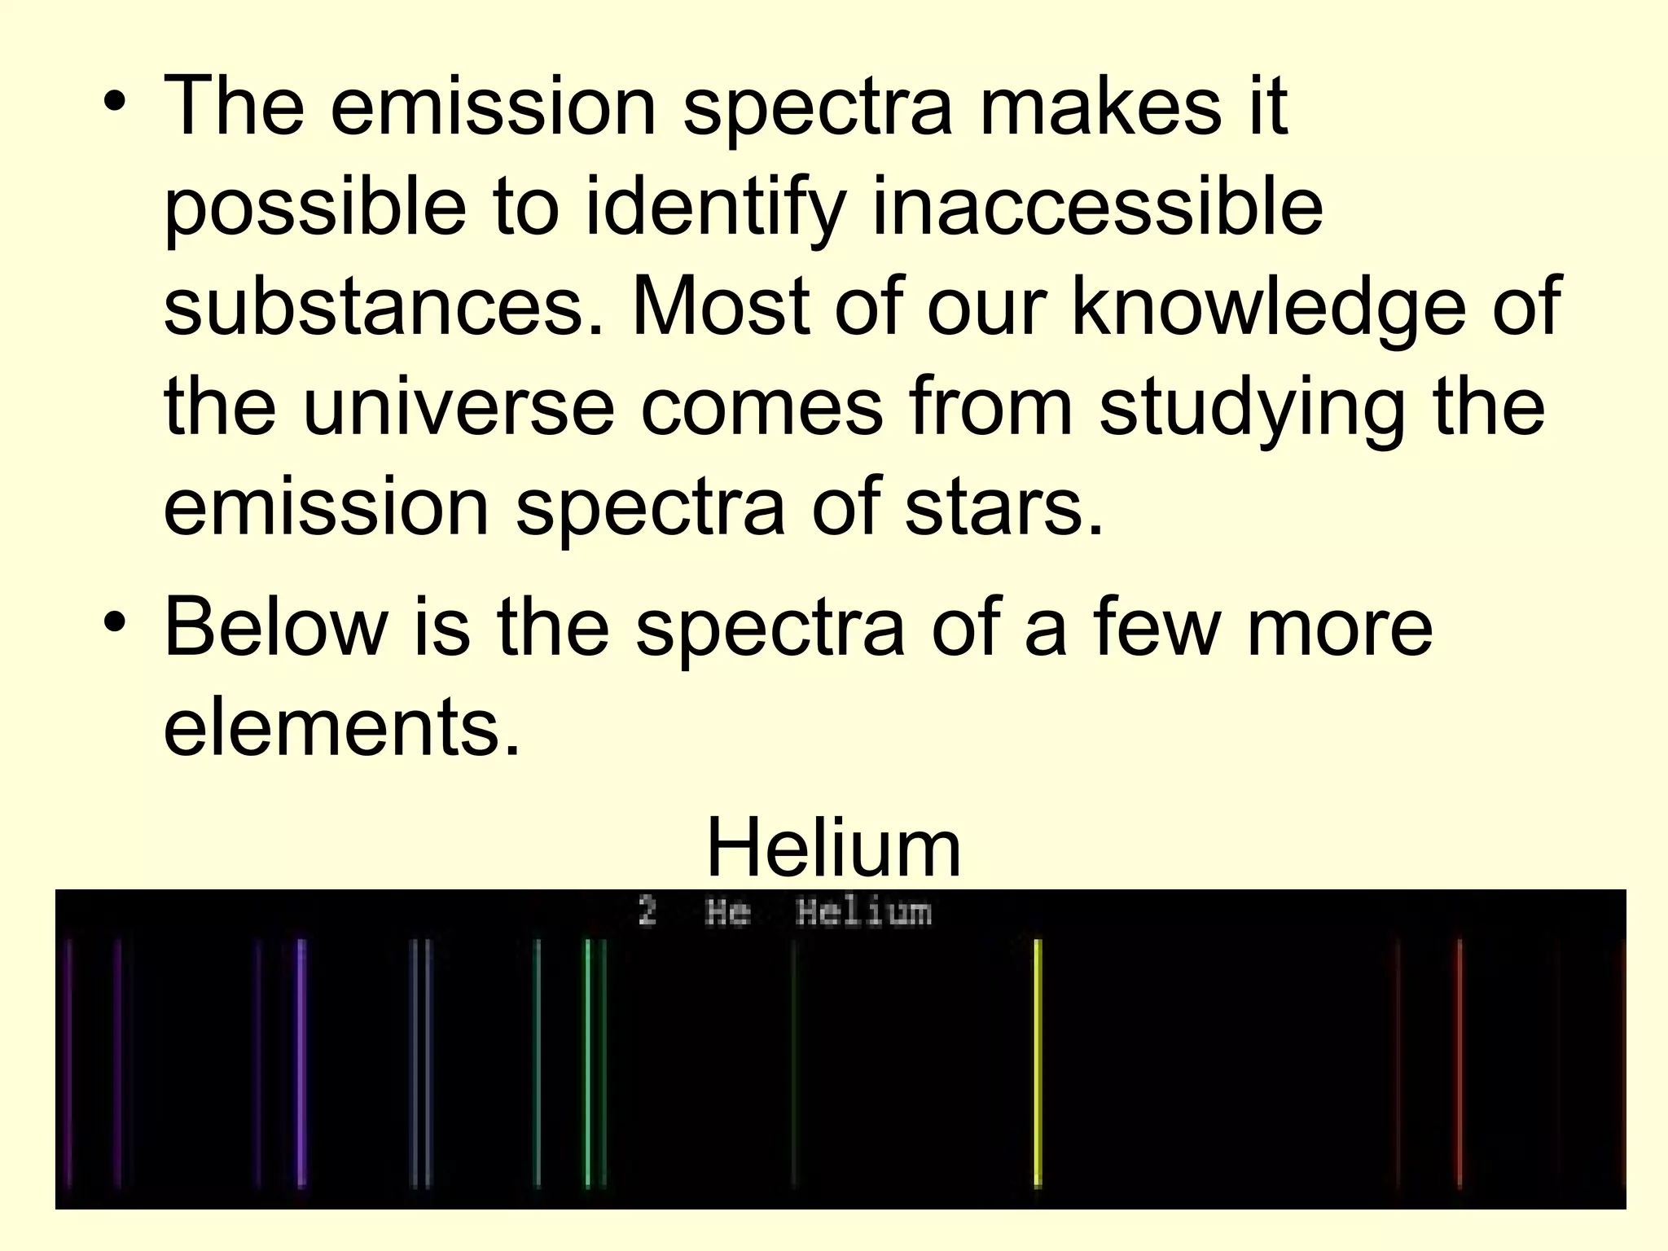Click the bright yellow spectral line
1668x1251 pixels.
pos(1038,1063)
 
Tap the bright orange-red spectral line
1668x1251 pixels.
pos(1459,1063)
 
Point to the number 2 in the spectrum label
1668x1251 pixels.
pos(647,911)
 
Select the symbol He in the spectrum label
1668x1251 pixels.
pos(727,912)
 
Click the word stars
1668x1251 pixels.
pos(1003,507)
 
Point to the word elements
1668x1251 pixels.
pos(341,726)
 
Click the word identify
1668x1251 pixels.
pos(714,208)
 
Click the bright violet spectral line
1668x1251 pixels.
pos(301,1063)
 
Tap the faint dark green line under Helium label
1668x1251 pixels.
pos(794,1063)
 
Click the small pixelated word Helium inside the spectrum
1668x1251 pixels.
pos(863,912)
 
